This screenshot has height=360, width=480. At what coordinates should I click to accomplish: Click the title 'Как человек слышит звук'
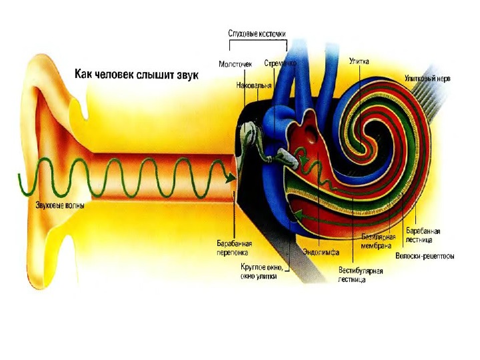(x=136, y=74)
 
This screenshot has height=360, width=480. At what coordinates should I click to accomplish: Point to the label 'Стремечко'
(x=280, y=64)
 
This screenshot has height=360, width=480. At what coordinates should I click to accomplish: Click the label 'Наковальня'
(x=253, y=86)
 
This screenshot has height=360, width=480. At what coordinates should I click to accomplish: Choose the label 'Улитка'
(x=359, y=61)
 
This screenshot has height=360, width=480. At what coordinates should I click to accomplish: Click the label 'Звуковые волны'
(x=60, y=206)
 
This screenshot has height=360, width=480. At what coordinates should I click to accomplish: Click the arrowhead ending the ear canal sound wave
(x=230, y=178)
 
